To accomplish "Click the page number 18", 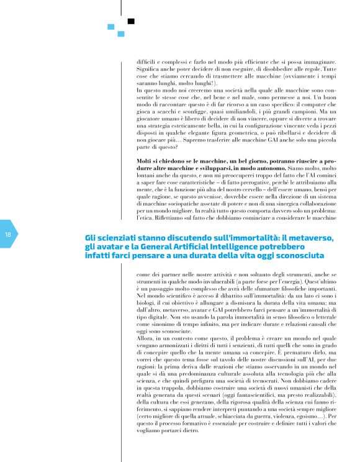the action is click(x=8, y=235).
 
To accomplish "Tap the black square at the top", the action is click(x=131, y=21).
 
